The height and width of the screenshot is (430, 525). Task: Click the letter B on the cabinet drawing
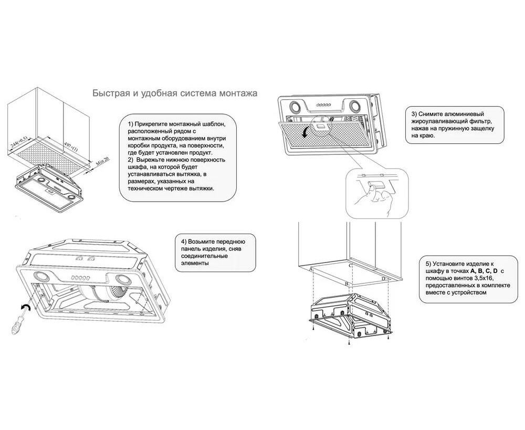(346, 284)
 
